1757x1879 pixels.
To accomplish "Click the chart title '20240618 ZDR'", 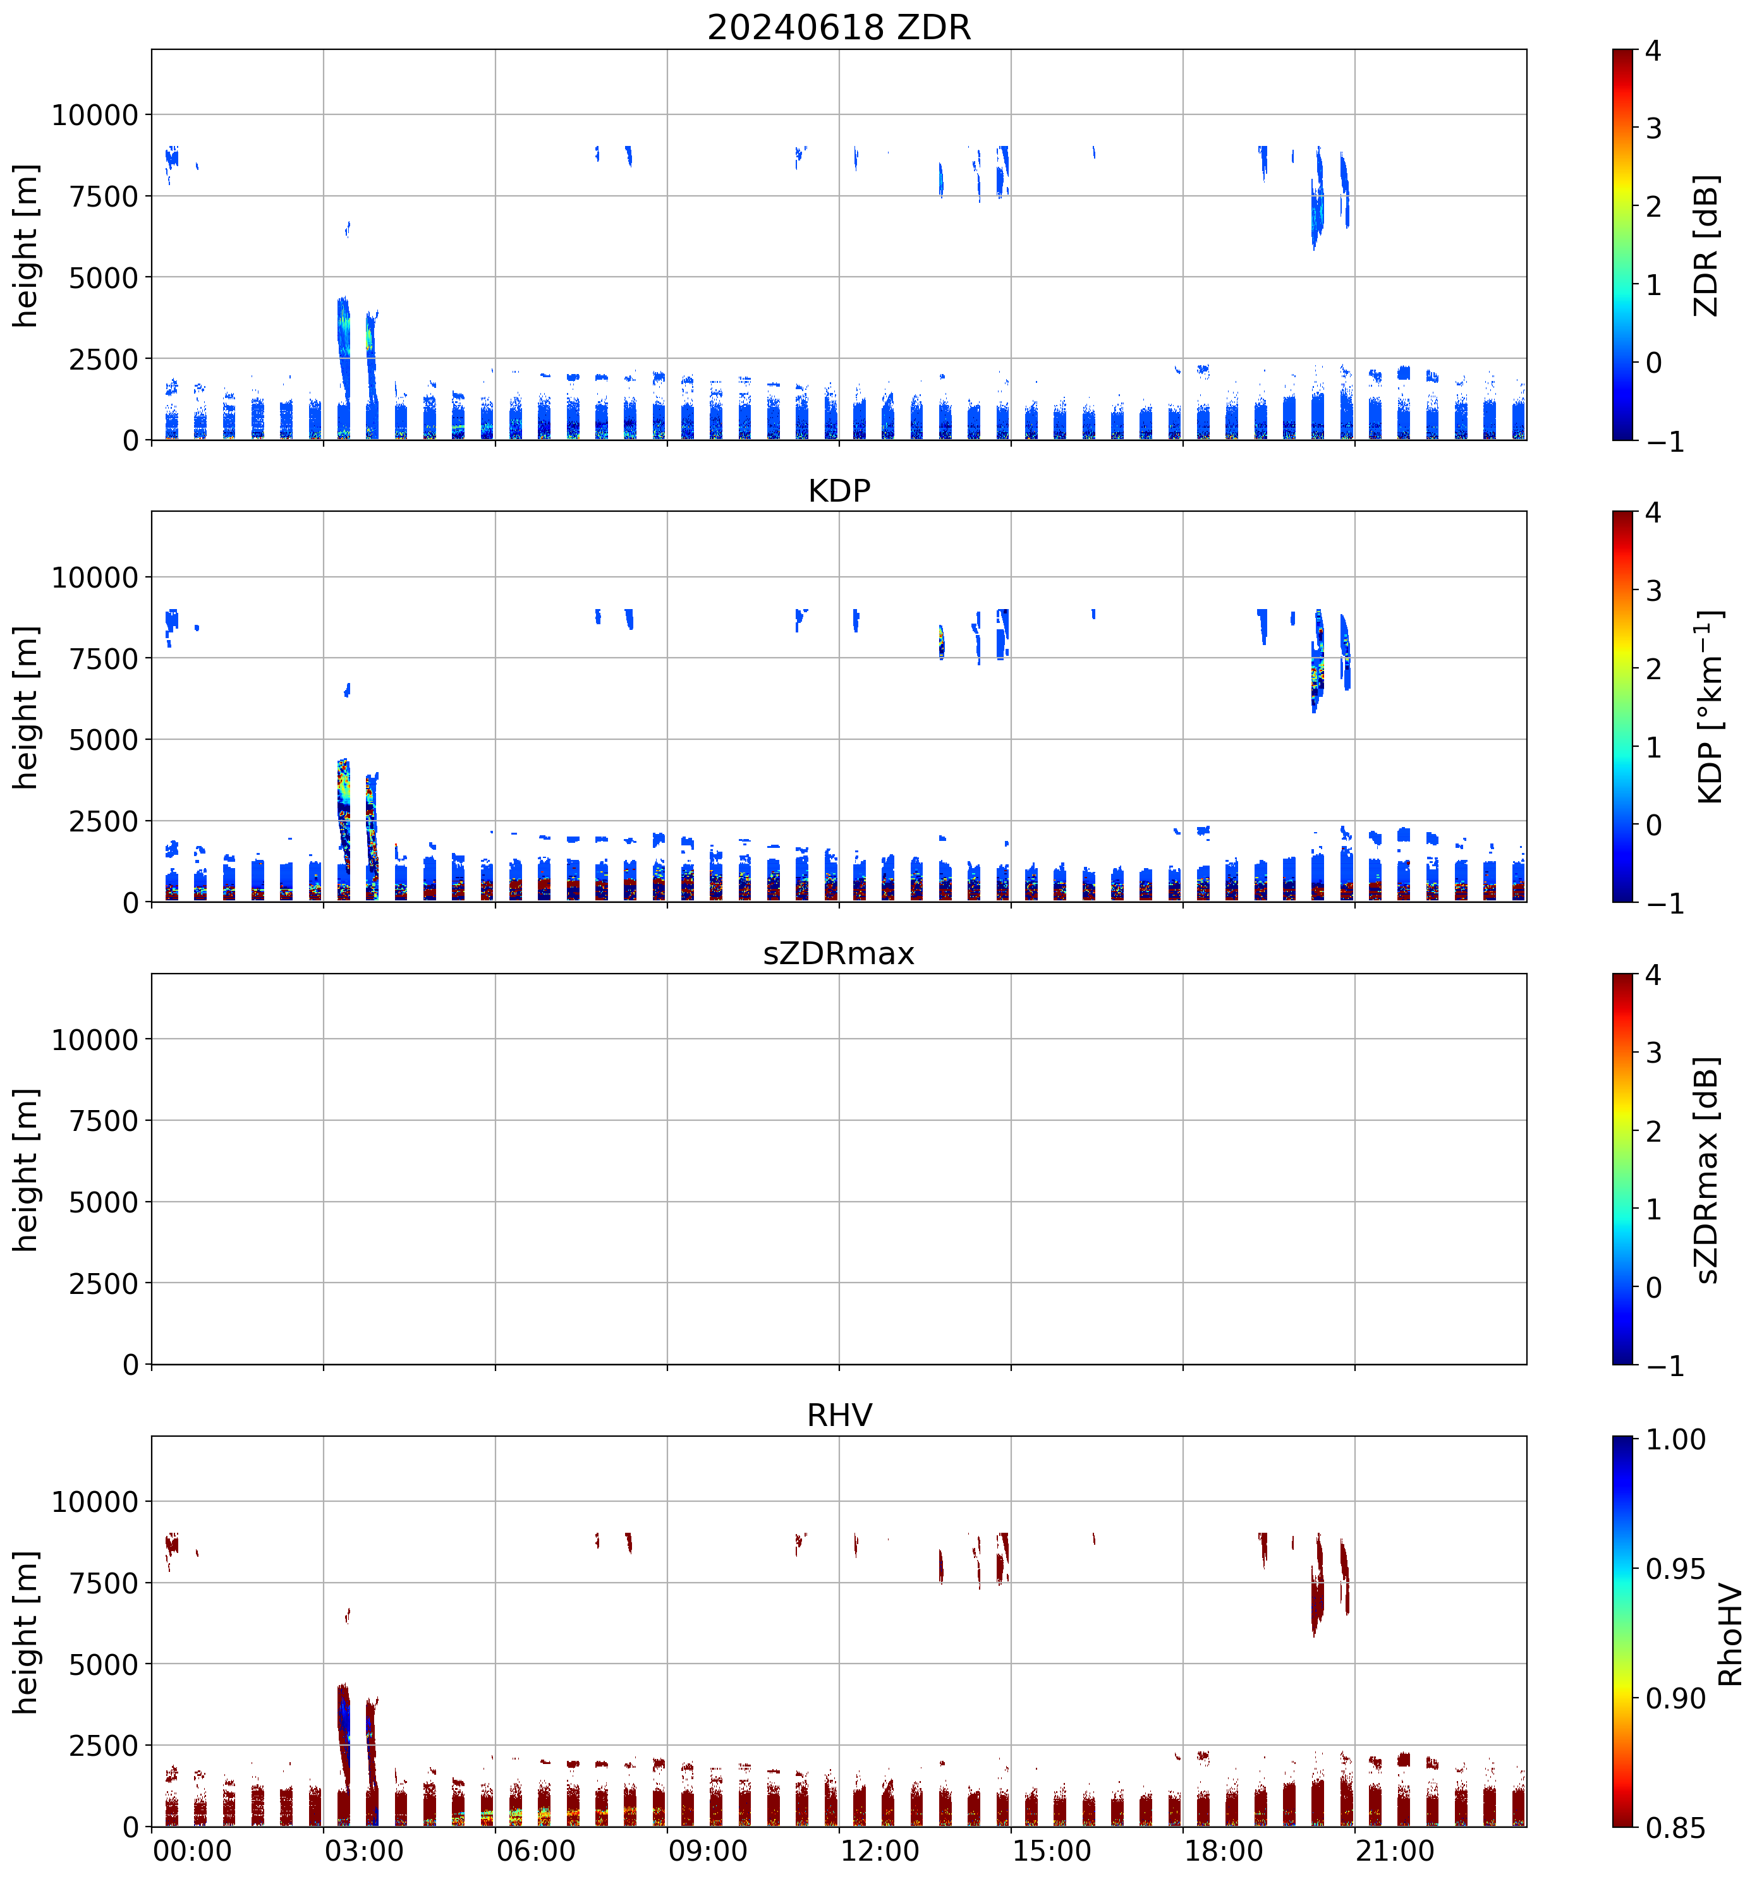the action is point(839,27).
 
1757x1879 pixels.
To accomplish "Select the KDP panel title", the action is point(839,490).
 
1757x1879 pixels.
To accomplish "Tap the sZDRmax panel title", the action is point(839,953).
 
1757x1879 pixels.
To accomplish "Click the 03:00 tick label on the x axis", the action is point(364,1851).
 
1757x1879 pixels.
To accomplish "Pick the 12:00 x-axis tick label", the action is point(879,1851).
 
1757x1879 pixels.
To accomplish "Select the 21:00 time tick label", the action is point(1395,1851).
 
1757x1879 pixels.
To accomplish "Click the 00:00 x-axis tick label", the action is point(192,1851).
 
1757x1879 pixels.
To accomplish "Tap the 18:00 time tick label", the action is point(1223,1851).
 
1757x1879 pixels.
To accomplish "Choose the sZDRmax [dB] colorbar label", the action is point(1705,1169).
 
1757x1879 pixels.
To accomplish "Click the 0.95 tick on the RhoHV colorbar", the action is point(1675,1569).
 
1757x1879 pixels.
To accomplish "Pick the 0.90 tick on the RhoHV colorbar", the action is point(1675,1698).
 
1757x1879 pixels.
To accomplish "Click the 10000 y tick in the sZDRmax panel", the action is point(95,1040).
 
